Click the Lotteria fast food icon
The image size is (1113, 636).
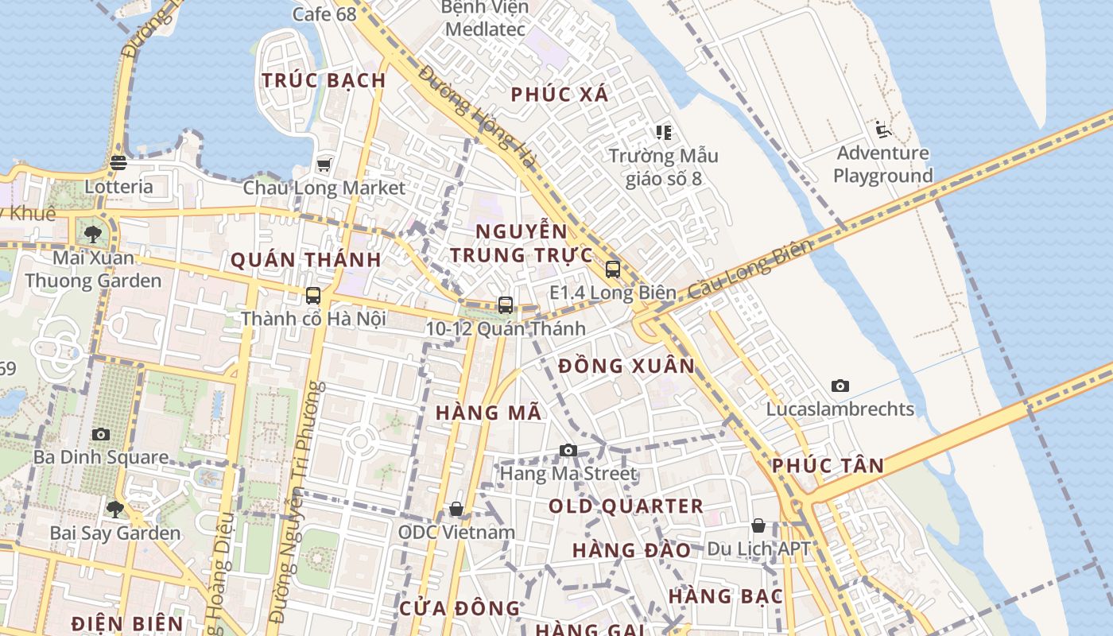(118, 163)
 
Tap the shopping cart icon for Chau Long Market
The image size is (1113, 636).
(324, 165)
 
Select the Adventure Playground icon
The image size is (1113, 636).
(882, 129)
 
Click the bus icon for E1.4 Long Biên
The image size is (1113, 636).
(612, 269)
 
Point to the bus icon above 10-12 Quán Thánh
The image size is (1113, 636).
(505, 304)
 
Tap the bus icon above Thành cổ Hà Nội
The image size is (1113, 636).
(313, 296)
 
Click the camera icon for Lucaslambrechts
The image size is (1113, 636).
(840, 386)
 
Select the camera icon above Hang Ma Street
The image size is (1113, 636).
(568, 451)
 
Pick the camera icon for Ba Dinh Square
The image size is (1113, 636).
(100, 434)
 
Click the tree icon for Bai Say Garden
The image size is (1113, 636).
(115, 509)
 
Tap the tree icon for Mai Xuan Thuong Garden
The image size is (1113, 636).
(93, 235)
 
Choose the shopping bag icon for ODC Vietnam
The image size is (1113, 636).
(456, 509)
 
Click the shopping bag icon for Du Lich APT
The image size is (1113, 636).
(758, 525)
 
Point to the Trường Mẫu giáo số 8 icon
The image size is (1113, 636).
(663, 132)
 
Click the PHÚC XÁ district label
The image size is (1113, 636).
(560, 95)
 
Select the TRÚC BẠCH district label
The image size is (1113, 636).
(324, 80)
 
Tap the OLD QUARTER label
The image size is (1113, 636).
(626, 506)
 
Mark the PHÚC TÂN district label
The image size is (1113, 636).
(828, 466)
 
